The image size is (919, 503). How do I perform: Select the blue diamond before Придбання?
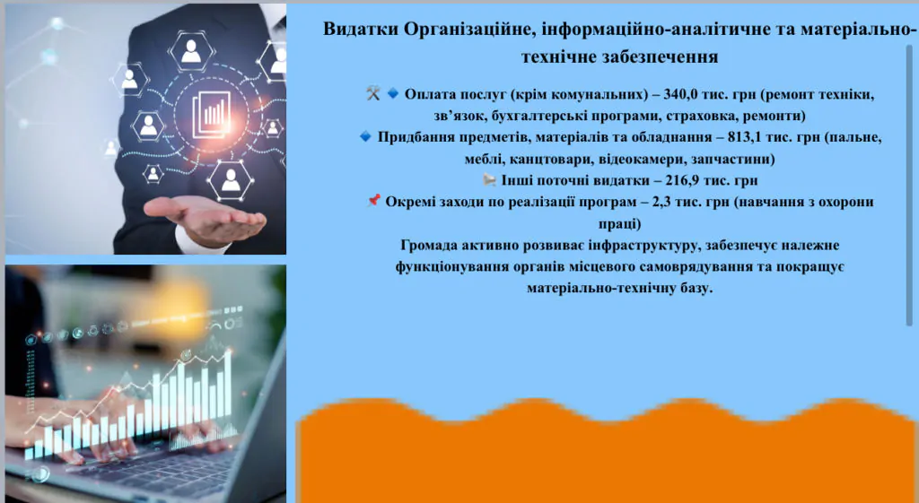pyautogui.click(x=365, y=137)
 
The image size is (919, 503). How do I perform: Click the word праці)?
pyautogui.click(x=618, y=223)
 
